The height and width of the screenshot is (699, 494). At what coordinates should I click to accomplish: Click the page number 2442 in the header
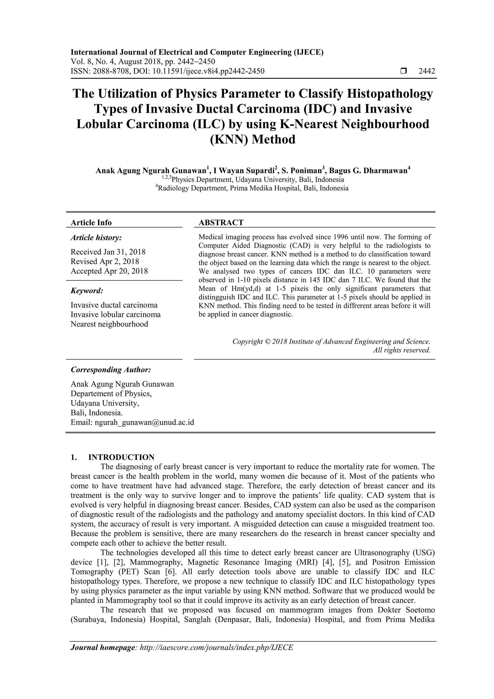click(427, 71)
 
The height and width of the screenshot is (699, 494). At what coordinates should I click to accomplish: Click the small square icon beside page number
click(403, 71)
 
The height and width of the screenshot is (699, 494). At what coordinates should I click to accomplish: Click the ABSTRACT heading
click(221, 222)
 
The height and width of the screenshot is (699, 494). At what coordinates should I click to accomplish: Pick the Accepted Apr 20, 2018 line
click(109, 271)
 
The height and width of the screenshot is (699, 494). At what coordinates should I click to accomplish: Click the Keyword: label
click(87, 291)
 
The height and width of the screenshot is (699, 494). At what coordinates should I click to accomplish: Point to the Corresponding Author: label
click(111, 370)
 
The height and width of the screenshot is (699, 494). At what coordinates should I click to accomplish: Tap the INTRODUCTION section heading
click(121, 457)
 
